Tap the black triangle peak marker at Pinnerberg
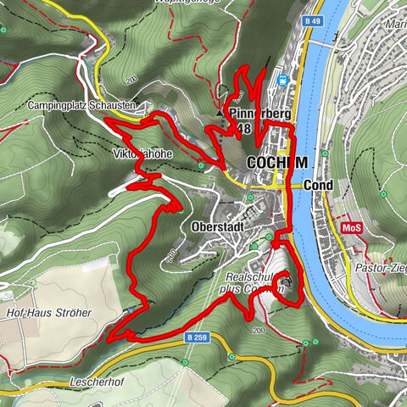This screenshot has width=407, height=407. click(219, 112)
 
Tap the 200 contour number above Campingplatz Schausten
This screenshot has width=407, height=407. click(132, 81)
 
